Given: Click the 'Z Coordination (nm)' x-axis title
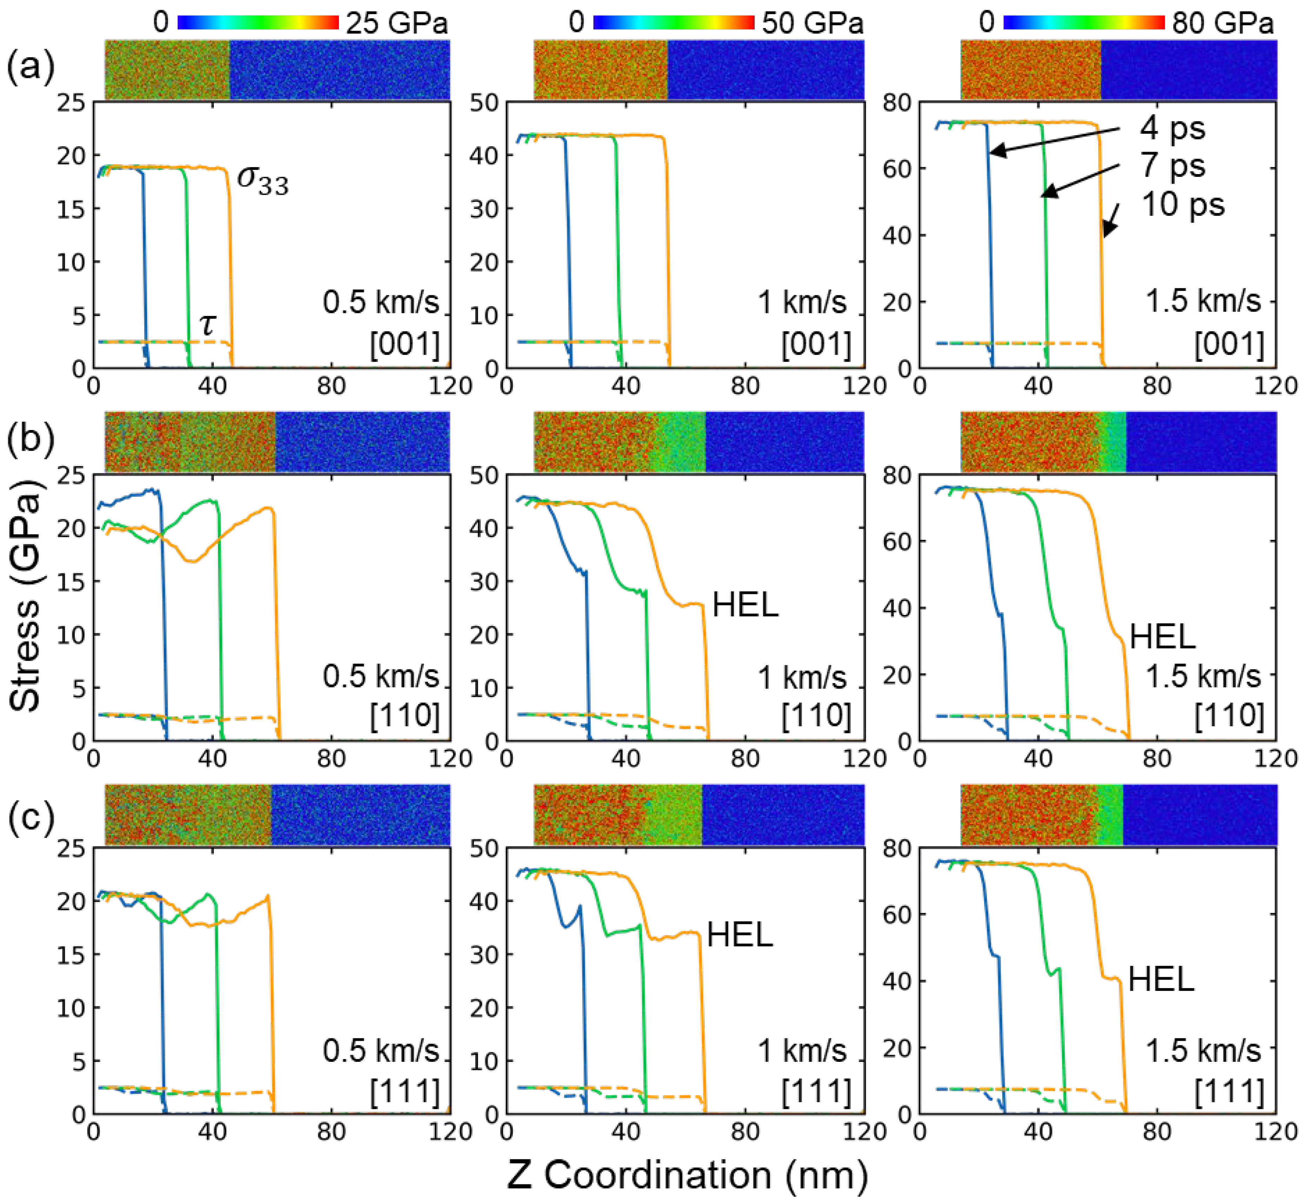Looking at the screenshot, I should point(688,1175).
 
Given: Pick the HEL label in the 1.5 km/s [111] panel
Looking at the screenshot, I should point(1161,979).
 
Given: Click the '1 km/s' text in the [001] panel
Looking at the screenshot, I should point(802,302).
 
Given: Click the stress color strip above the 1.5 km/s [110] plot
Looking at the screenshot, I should point(1118,441).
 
